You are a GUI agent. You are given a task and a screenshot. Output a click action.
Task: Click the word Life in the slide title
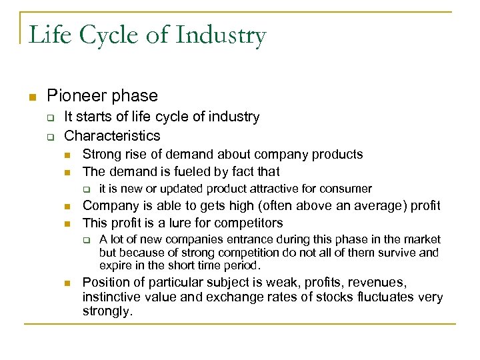click(47, 35)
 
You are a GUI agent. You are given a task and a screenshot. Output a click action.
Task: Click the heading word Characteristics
click(112, 136)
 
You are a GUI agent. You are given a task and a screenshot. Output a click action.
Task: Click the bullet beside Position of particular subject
click(68, 283)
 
